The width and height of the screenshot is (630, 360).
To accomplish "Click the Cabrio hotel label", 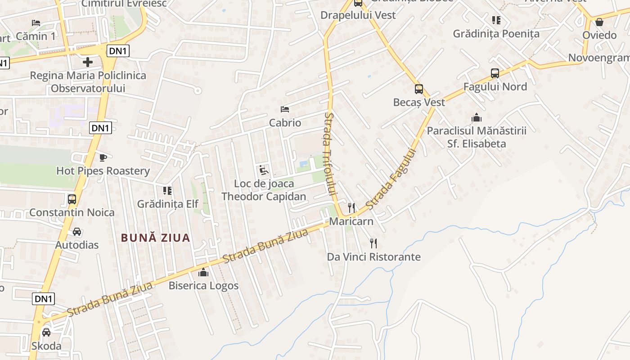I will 285,122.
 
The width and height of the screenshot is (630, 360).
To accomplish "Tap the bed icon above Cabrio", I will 284,109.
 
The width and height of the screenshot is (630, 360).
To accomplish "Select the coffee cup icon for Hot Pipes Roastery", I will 103,157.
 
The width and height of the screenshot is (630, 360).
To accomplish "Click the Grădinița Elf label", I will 167,204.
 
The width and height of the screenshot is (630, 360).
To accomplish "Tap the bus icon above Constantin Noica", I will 72,199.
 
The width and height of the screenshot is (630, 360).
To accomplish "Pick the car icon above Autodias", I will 77,232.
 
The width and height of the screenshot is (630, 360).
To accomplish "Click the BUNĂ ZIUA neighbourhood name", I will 156,238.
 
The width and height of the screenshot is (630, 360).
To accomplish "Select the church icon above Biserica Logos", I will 203,272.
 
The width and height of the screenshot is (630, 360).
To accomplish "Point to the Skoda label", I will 46,346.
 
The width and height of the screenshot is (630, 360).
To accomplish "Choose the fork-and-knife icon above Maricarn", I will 351,208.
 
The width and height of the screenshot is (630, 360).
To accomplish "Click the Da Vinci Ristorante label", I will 373,257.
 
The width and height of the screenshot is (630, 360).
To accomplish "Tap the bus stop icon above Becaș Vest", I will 418,89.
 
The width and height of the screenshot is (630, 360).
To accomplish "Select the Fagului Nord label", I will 495,86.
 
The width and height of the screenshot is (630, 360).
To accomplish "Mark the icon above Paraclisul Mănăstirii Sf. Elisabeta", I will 476,117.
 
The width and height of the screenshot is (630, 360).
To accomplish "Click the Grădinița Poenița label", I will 496,33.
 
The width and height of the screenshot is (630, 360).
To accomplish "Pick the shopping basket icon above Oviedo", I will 599,22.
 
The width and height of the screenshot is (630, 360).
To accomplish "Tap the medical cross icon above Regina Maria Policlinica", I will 88,62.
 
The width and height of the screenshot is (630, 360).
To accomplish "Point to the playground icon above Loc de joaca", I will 263,170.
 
